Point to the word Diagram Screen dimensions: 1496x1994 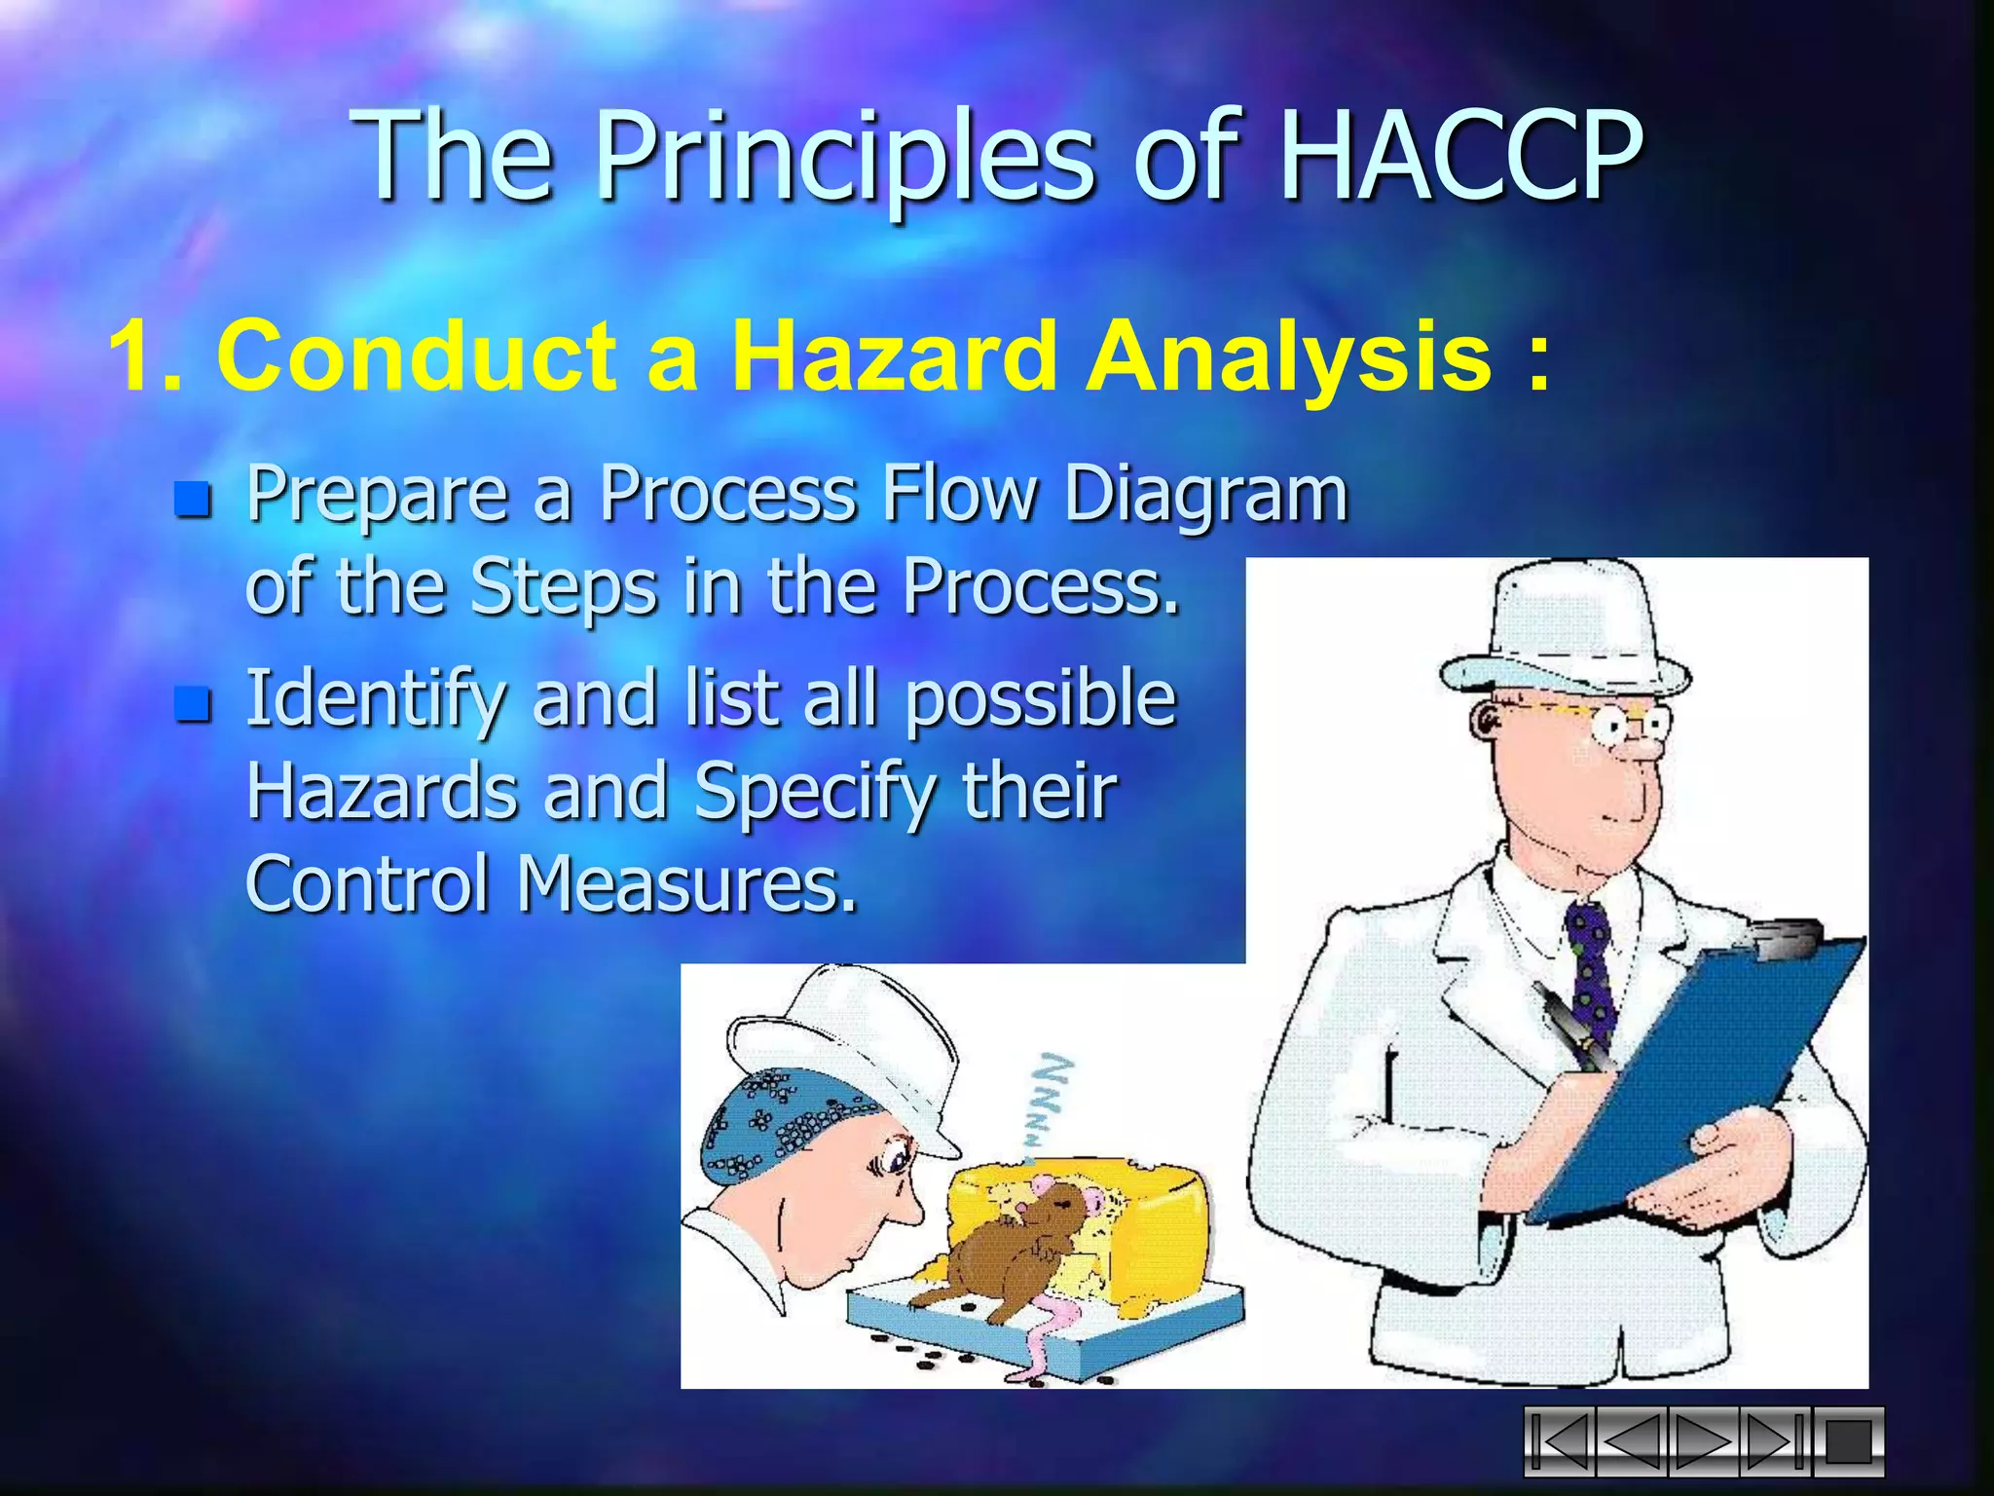(x=1204, y=496)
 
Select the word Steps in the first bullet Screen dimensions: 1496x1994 (x=563, y=588)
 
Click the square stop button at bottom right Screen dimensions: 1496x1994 (x=1847, y=1441)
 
